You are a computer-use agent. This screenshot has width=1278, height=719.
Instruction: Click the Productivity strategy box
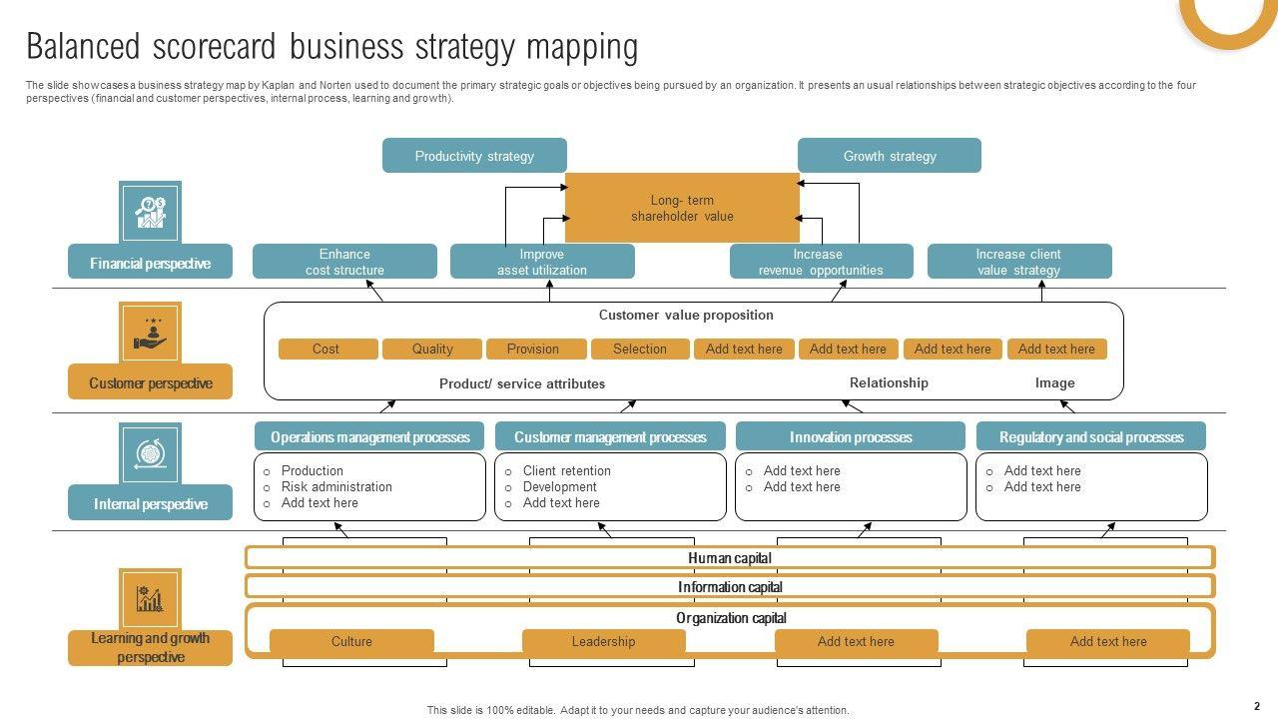point(474,156)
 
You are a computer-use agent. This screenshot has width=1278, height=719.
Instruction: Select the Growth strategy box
point(889,156)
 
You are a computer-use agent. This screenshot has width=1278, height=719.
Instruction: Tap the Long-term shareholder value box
point(682,208)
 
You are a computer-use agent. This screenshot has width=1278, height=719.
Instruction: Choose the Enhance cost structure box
point(344,262)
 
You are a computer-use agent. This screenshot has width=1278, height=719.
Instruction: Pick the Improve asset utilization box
point(542,262)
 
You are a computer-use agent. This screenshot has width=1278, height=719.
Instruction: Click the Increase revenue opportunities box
point(821,262)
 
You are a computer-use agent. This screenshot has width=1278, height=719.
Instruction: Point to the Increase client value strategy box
point(1018,262)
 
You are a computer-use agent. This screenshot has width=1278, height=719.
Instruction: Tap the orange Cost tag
point(326,349)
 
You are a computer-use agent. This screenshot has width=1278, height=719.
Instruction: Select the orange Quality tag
point(432,349)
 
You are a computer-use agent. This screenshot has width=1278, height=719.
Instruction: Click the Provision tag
point(533,349)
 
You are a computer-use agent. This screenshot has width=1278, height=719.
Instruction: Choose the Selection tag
point(640,349)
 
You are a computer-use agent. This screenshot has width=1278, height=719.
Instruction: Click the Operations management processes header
point(369,437)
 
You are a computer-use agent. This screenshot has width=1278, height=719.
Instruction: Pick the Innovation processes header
point(851,437)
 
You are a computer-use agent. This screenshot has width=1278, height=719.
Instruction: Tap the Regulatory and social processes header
point(1091,437)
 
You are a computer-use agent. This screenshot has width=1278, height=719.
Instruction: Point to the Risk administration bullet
point(336,487)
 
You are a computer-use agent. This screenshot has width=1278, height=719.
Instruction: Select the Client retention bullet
point(566,471)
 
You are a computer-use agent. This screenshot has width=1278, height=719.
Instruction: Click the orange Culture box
point(351,642)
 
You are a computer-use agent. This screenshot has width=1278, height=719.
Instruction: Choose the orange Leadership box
point(603,642)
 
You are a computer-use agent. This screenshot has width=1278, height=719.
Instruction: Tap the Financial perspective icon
point(150,212)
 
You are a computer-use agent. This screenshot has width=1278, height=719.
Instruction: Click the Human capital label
point(730,558)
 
